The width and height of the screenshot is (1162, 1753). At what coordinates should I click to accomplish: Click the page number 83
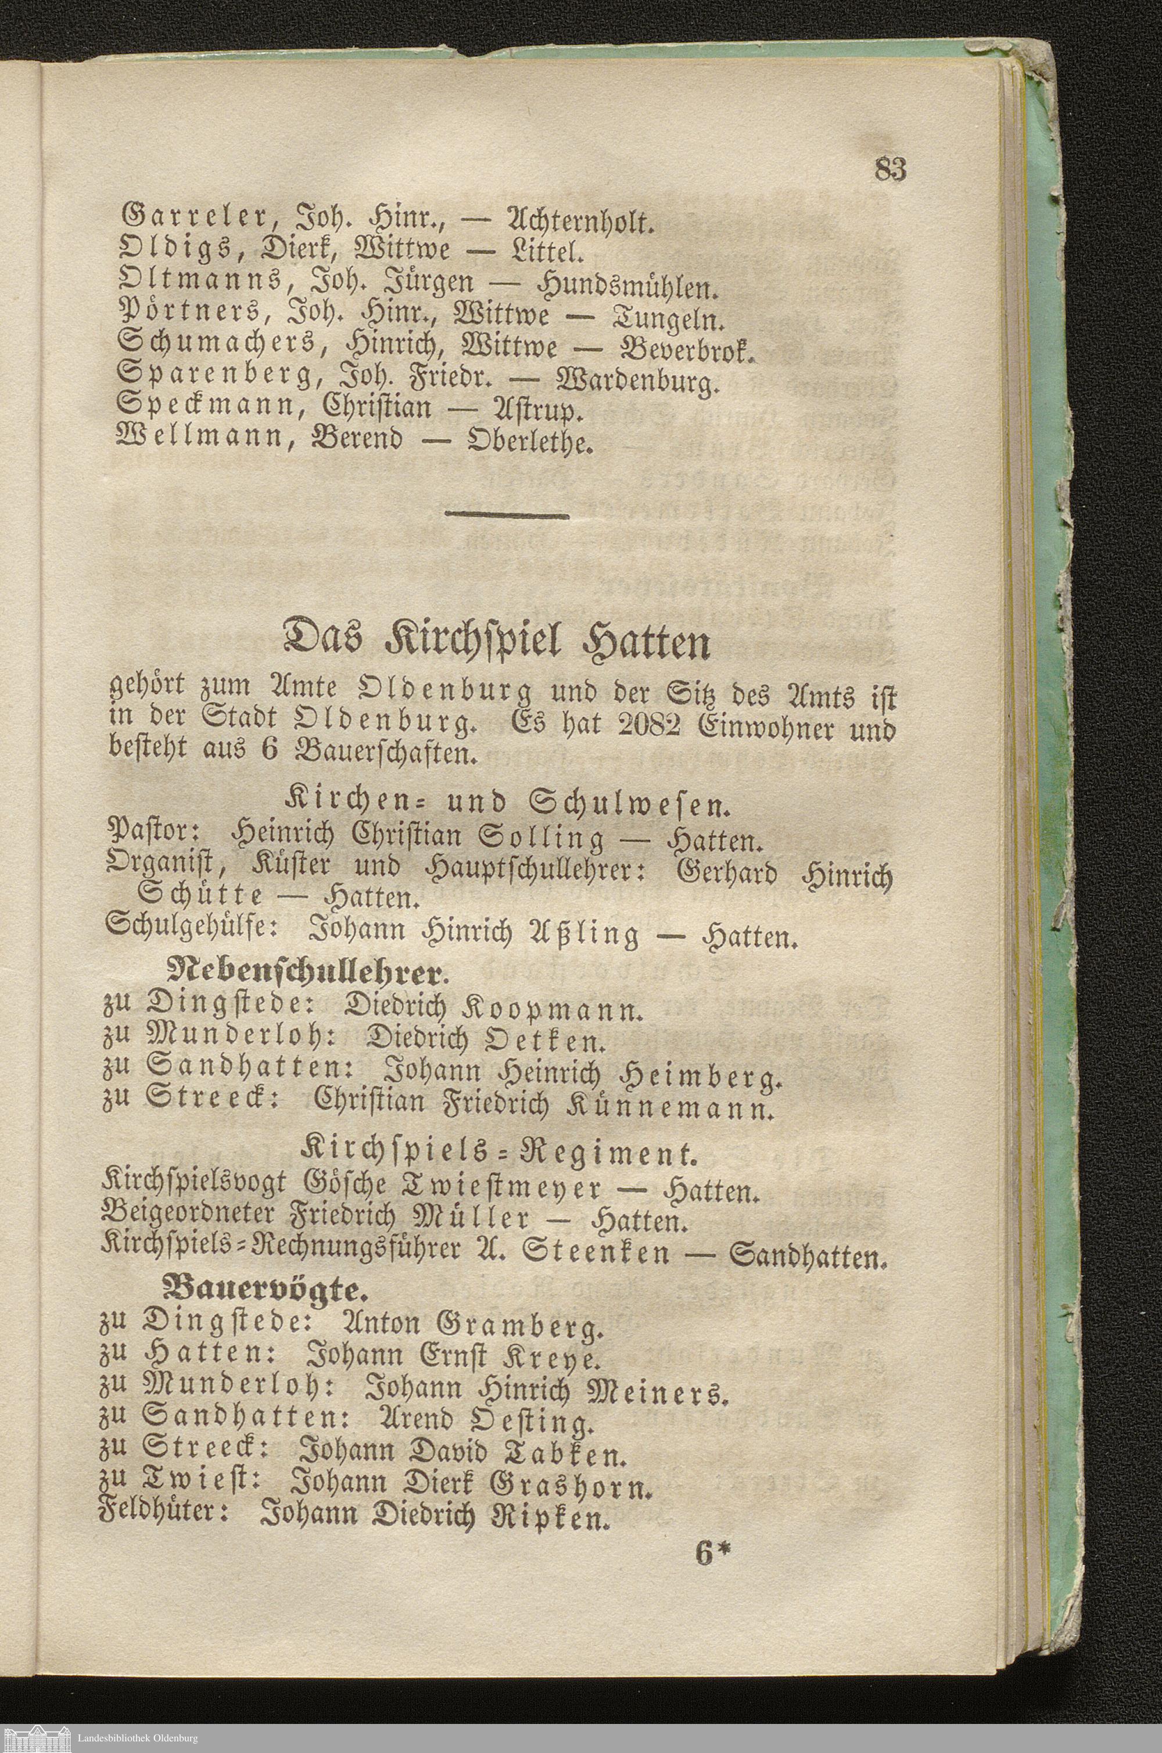[891, 170]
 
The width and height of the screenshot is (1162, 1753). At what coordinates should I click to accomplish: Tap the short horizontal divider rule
[508, 514]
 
